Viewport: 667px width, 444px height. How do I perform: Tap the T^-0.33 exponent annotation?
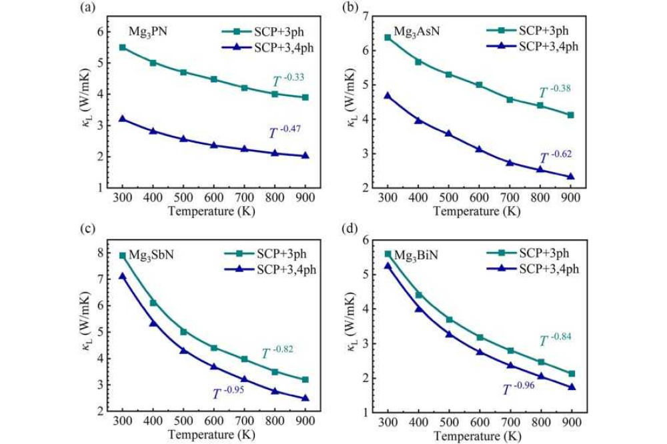289,81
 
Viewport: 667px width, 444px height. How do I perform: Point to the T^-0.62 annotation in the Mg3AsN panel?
556,157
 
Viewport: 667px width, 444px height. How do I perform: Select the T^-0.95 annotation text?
229,393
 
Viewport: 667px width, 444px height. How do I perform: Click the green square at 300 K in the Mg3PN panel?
122,47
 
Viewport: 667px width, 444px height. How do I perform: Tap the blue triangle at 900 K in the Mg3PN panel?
305,156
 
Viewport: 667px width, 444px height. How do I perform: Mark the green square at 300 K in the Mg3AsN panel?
388,37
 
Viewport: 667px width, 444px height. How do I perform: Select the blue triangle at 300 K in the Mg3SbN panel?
122,276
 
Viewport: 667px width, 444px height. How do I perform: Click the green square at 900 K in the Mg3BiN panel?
572,374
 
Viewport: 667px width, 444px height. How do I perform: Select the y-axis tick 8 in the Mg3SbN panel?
102,253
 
